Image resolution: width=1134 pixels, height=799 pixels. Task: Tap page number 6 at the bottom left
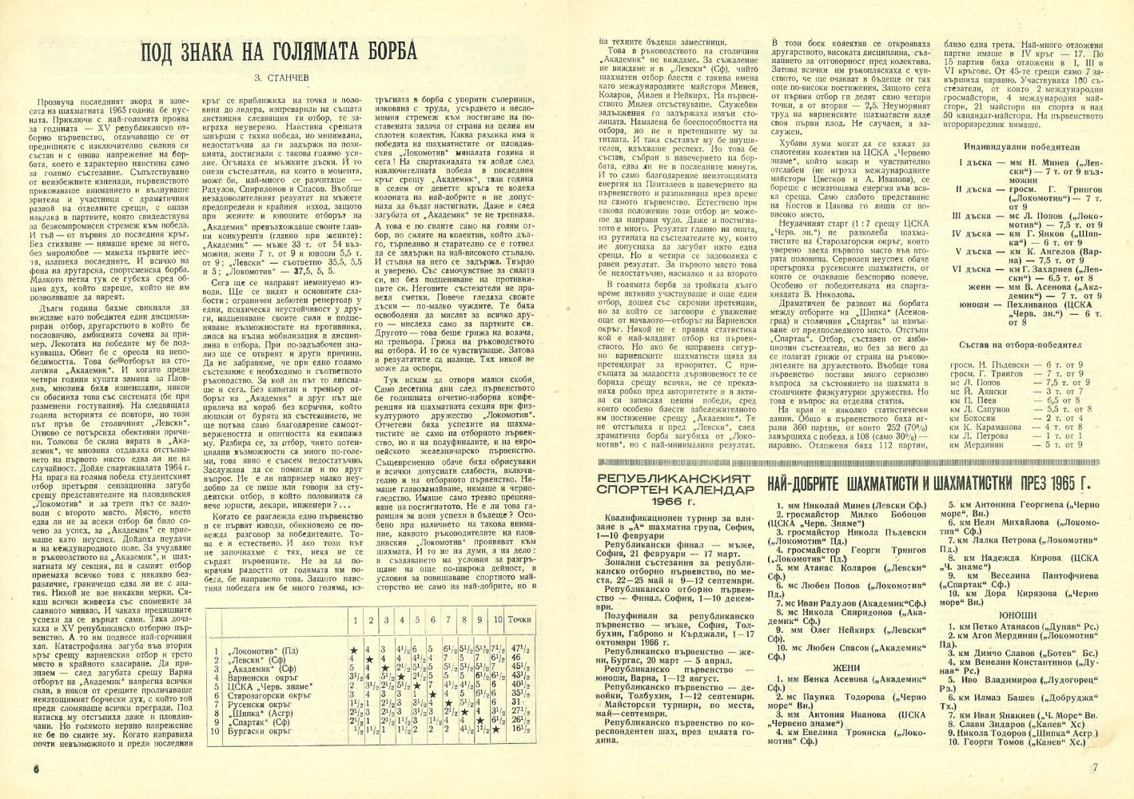(37, 769)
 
